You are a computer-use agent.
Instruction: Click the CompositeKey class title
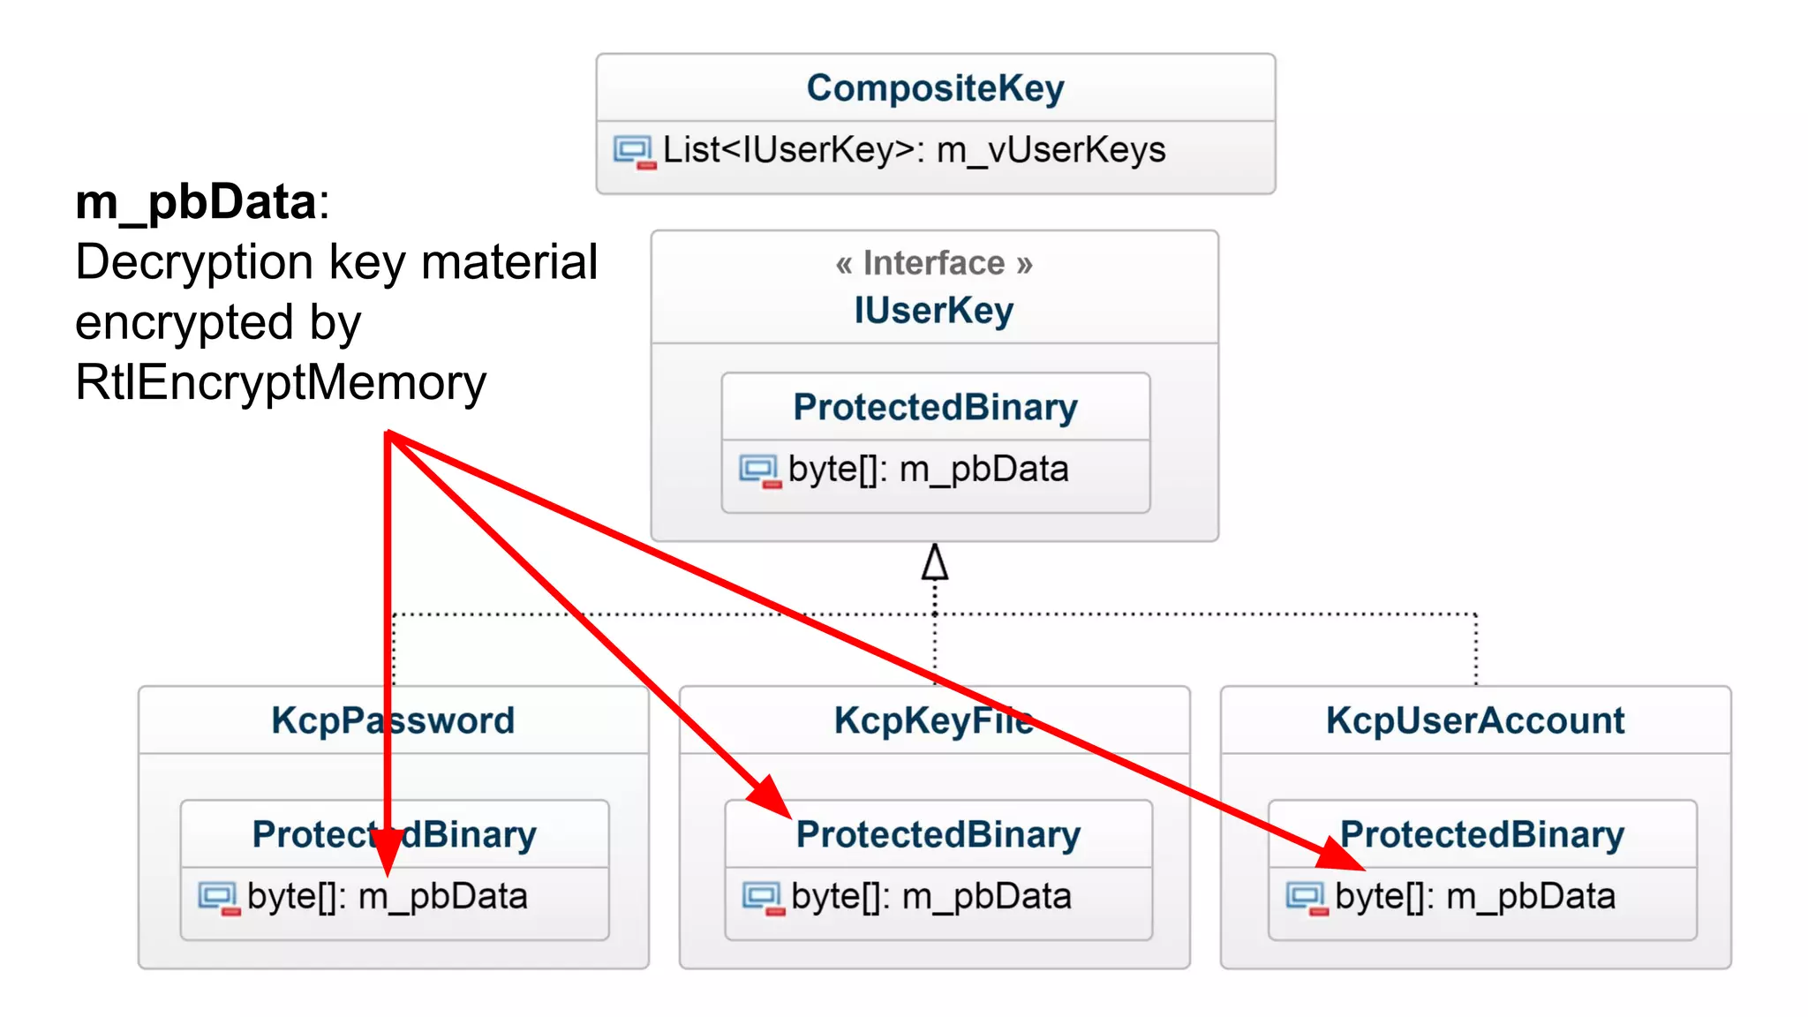935,88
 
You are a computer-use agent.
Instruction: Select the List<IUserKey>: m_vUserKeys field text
914,150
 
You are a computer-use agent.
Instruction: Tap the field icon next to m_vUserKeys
634,151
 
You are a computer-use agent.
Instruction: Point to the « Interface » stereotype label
934,263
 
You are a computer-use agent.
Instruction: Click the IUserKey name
934,311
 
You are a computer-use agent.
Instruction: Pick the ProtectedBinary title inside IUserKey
935,408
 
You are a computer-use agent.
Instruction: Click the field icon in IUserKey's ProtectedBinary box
759,470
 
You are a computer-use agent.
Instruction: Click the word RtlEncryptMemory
281,382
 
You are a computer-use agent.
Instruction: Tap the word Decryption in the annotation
194,262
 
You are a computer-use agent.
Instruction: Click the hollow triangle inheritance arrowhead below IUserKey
935,562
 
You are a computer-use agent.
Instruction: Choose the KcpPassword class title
393,720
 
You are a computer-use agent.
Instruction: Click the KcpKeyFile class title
933,720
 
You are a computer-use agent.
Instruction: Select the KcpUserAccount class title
1475,720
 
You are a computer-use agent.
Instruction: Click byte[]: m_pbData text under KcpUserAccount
1475,897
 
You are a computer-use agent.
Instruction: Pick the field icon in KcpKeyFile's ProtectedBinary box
763,898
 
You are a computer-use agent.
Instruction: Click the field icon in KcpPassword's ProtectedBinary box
218,898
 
